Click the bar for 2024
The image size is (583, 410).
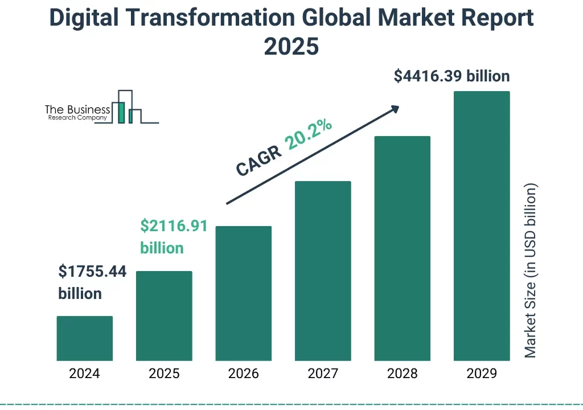pos(85,338)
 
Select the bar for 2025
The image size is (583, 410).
pos(164,315)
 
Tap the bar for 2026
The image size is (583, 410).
pos(243,293)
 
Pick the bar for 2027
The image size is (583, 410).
pos(322,270)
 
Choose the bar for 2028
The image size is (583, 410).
pos(402,248)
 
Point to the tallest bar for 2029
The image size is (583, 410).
pos(481,225)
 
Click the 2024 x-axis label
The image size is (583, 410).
pos(84,374)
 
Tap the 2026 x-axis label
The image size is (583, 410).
pos(243,374)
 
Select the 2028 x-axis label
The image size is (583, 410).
pos(402,374)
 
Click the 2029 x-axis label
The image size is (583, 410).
pos(481,374)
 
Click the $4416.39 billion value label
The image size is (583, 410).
pos(451,76)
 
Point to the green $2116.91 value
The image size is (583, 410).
pos(174,226)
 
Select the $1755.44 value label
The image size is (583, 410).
pos(92,272)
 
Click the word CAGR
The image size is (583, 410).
pos(259,160)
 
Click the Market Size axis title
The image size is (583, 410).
pos(531,270)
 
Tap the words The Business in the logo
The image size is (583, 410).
pos(77,109)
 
